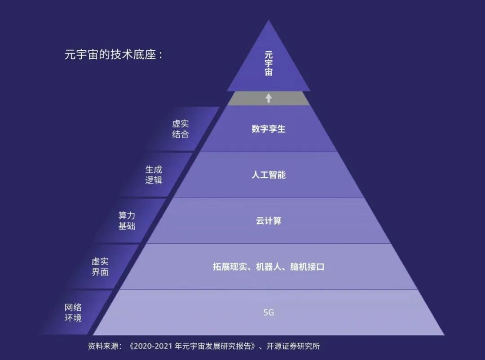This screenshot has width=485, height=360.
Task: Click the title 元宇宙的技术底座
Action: click(113, 55)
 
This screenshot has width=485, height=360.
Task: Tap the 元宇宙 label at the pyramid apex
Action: click(269, 63)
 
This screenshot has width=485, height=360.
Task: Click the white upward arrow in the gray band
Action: click(269, 98)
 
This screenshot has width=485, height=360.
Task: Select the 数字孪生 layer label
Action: click(269, 129)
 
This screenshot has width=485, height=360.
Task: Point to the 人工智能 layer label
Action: click(269, 175)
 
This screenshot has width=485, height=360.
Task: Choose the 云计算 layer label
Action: click(269, 221)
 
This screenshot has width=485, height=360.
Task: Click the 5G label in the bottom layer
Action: click(269, 312)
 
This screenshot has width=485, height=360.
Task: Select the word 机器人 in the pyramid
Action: click(269, 267)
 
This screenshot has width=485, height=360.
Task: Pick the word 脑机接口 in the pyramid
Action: click(308, 267)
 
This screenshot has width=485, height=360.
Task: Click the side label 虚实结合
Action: click(180, 129)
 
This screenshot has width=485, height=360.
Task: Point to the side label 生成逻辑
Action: click(154, 175)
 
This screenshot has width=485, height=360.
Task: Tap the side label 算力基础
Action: click(127, 221)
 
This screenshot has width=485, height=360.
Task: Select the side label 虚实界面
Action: click(100, 267)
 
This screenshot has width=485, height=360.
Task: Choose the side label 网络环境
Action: click(73, 313)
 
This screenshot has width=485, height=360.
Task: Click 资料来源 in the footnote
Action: click(104, 346)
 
